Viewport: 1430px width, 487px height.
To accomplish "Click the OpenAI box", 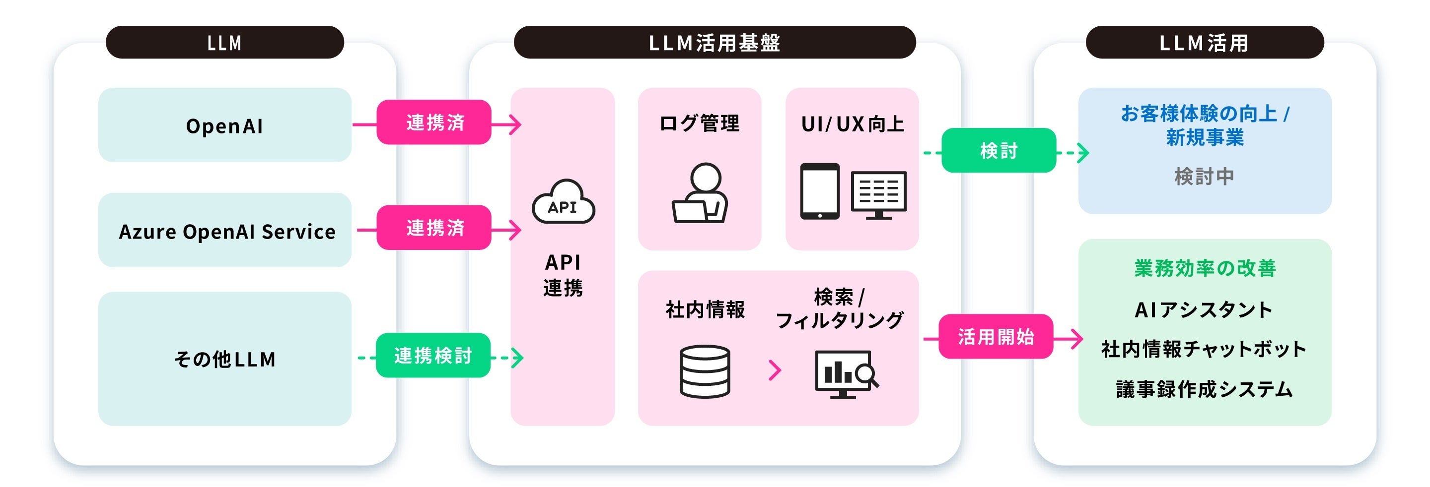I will pos(224,125).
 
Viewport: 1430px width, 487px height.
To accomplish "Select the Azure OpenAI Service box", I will pos(224,231).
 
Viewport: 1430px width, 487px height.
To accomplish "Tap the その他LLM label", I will pos(224,359).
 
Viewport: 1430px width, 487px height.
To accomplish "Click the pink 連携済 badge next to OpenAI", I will pos(434,122).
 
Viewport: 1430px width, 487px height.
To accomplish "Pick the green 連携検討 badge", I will pos(433,356).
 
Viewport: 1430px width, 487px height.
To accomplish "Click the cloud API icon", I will pos(563,202).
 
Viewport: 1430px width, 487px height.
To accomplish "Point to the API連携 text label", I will pos(563,275).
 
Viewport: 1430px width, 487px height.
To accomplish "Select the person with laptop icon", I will pos(700,193).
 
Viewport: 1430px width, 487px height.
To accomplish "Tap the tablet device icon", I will pos(819,191).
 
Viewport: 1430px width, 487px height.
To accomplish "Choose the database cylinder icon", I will pos(705,371).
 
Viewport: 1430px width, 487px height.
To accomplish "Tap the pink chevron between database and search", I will pos(775,370).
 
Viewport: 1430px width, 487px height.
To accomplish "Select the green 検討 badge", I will pos(999,150).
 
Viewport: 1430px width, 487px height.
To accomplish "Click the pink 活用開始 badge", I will pos(996,337).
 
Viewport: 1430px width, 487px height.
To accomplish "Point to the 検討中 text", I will pos(1204,177).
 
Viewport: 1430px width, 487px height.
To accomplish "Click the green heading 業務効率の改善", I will pos(1205,268).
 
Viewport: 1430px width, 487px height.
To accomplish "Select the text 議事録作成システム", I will pos(1205,389).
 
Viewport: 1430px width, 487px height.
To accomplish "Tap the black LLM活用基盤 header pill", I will pos(715,43).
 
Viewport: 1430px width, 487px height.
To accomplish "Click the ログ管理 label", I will pos(700,123).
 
